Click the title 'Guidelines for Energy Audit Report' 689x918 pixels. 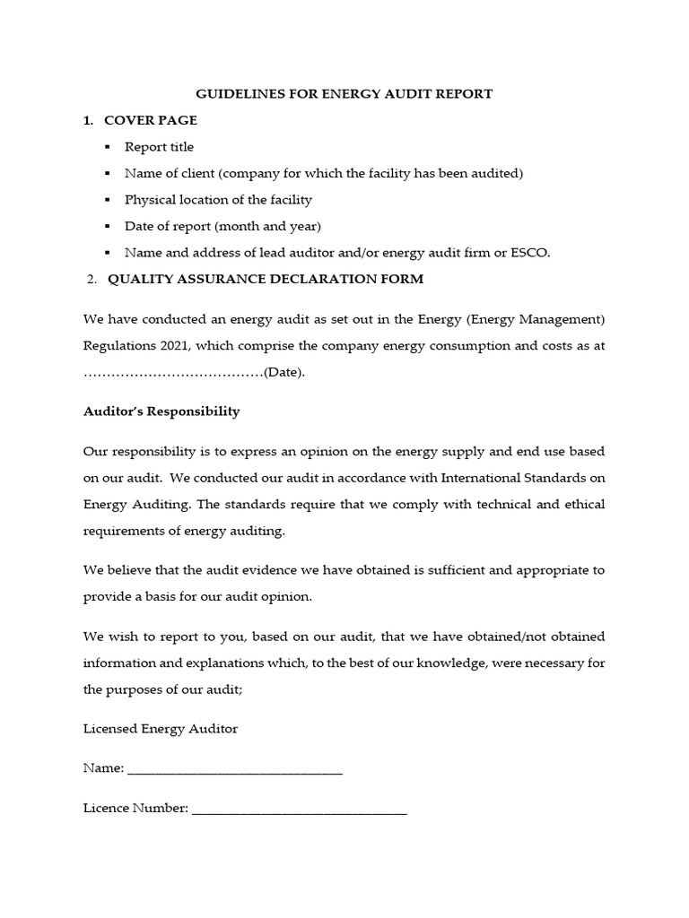344,94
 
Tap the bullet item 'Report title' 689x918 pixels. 159,147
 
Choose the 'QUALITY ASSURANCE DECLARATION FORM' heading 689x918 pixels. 266,280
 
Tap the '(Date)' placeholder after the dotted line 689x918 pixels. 283,372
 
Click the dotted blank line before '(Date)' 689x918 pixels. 172,372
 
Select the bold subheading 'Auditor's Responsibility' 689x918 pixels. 161,411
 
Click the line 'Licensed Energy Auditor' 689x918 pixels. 161,729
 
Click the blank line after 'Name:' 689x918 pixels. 235,769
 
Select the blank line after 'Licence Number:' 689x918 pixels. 300,809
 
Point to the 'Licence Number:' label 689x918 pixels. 135,809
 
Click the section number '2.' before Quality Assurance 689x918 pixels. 92,280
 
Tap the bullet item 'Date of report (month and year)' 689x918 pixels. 222,226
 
